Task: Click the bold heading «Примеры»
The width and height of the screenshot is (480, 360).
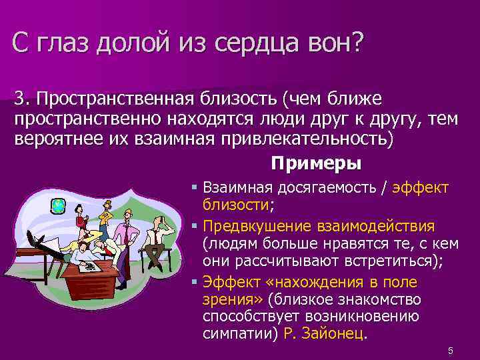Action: coord(316,163)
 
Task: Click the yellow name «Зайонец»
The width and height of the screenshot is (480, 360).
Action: coord(325,333)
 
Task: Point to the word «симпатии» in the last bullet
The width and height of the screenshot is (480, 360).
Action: coord(234,333)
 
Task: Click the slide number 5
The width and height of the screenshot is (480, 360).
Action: coord(451,351)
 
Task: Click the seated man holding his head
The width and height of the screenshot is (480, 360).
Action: coord(158,233)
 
